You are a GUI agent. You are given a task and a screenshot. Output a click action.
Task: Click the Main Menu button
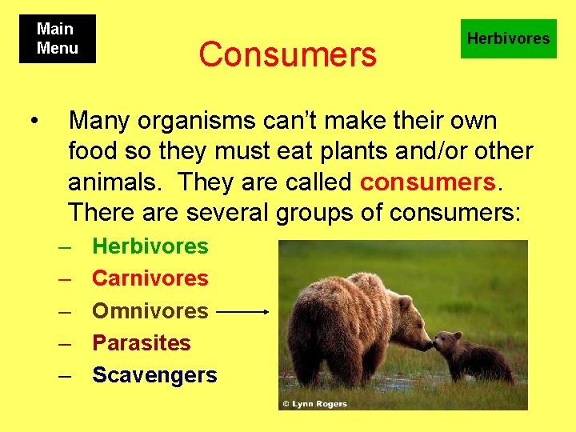click(58, 38)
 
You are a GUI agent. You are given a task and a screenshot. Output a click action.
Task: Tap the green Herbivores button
click(508, 38)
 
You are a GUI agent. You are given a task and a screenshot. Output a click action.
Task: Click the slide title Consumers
click(287, 54)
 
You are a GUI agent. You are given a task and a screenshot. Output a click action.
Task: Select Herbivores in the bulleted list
click(150, 246)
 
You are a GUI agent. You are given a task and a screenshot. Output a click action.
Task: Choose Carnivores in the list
click(150, 278)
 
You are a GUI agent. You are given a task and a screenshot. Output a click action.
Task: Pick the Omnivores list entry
click(150, 310)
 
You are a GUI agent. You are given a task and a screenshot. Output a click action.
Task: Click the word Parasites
click(142, 342)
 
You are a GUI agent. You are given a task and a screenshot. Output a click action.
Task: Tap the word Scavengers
click(154, 374)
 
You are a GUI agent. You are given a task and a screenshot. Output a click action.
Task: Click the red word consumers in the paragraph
click(428, 182)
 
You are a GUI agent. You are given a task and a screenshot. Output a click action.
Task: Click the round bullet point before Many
click(33, 121)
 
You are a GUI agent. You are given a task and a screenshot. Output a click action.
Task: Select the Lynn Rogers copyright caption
click(314, 403)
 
